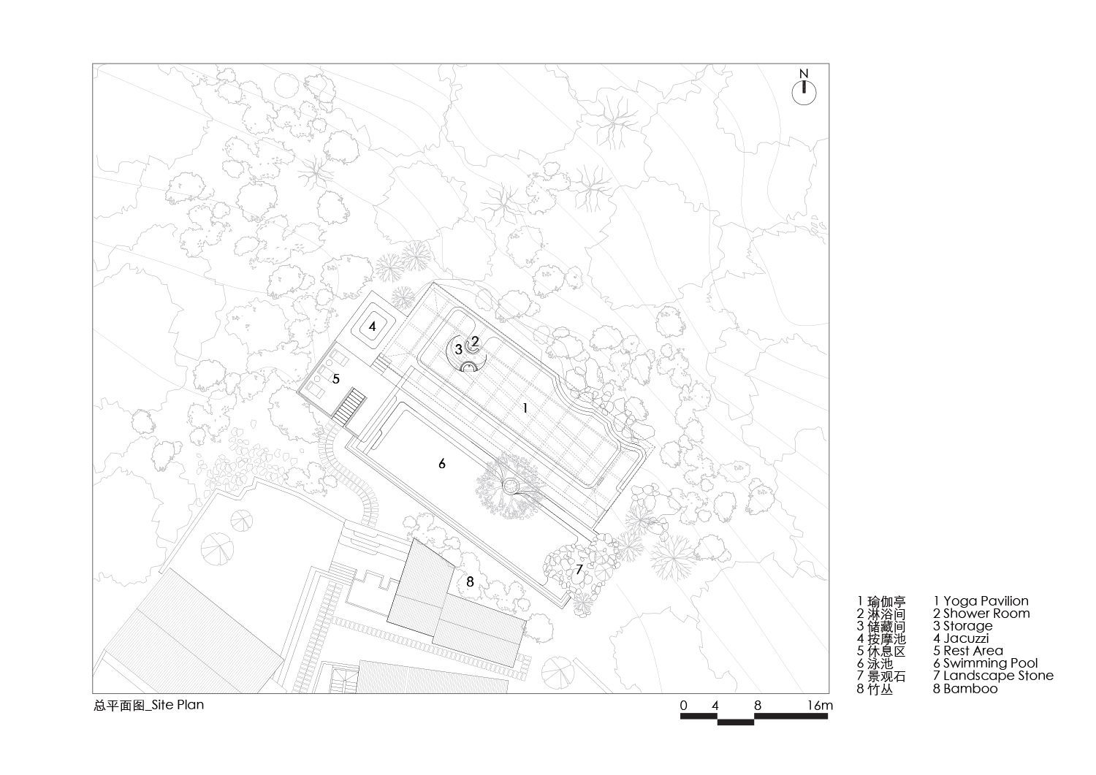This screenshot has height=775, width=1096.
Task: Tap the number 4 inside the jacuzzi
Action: [x=373, y=327]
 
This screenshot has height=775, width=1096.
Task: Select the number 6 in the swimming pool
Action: [x=442, y=464]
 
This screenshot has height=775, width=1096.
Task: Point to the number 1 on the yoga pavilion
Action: [x=525, y=408]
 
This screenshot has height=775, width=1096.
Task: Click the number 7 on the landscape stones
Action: [x=579, y=570]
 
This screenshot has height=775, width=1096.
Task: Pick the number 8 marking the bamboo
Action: [x=471, y=581]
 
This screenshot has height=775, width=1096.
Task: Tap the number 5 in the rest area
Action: [x=336, y=378]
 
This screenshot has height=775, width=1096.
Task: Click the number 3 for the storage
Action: [x=458, y=349]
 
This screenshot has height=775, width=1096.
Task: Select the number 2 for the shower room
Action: [x=475, y=342]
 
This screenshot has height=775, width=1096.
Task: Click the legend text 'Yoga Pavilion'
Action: [x=986, y=601]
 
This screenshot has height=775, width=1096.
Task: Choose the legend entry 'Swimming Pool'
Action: [x=990, y=663]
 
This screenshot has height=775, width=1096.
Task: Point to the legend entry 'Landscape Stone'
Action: [x=998, y=676]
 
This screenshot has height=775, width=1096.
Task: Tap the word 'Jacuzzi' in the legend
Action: [x=966, y=638]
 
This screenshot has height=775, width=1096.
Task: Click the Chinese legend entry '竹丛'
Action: [x=880, y=689]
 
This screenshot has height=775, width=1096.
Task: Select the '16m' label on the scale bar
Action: [x=820, y=705]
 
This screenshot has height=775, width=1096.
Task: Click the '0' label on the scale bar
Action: [x=683, y=705]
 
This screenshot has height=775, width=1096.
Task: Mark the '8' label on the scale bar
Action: [x=758, y=705]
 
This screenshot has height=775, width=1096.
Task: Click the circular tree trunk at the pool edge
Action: [x=510, y=486]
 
